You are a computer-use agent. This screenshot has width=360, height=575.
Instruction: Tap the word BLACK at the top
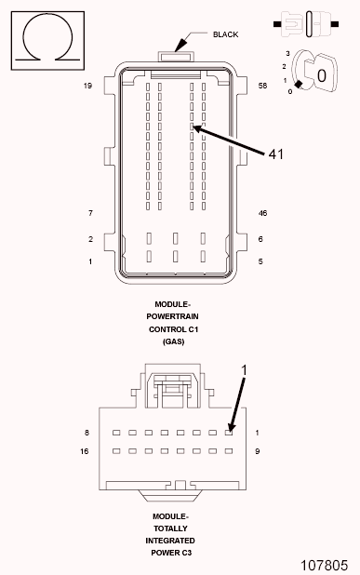pos(225,34)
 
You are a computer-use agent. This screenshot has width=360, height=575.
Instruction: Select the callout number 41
pos(275,154)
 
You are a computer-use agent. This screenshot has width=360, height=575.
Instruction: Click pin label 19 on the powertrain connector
pos(88,86)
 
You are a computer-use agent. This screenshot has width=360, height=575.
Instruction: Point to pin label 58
pos(263,86)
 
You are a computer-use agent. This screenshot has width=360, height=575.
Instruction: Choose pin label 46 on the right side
pos(263,213)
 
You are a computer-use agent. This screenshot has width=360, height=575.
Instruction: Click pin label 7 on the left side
pos(90,213)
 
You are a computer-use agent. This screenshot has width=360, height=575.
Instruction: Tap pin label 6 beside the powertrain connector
pos(260,239)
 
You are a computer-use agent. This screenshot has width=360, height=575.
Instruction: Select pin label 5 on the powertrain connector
pos(260,261)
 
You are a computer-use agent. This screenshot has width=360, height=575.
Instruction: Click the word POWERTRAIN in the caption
pos(174,316)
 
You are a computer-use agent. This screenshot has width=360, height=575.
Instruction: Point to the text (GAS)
pos(174,341)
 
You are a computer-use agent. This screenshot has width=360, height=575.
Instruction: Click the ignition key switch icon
pos(312,72)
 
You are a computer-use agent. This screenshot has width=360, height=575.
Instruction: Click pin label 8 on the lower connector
pos(87,433)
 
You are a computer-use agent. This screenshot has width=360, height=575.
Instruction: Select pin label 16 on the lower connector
pos(86,451)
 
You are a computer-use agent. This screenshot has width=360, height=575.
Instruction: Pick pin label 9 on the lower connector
pos(257,451)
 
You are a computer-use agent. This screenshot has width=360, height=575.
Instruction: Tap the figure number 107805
pos(324,565)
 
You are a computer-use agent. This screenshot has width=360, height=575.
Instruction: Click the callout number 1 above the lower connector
pos(244,370)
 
